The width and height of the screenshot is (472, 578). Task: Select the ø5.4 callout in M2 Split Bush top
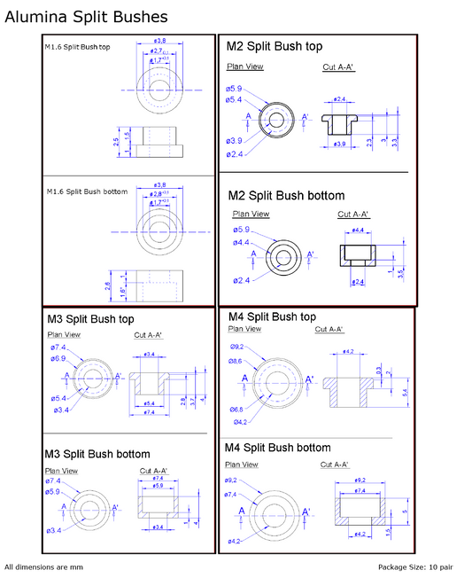click(x=234, y=99)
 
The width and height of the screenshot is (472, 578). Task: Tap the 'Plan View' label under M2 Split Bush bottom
click(x=251, y=214)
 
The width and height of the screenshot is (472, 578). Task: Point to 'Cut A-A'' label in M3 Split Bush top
click(x=148, y=335)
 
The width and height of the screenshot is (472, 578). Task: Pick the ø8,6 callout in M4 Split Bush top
click(x=236, y=361)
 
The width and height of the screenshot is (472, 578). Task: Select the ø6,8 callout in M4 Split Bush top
click(x=236, y=410)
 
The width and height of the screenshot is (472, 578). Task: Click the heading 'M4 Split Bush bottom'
click(x=277, y=448)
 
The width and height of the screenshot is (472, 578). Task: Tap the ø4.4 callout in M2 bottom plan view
click(x=242, y=242)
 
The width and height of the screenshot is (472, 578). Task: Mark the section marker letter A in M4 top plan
click(x=245, y=379)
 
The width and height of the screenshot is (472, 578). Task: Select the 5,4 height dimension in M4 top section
click(x=405, y=391)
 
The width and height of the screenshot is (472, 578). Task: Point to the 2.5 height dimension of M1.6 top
click(x=116, y=141)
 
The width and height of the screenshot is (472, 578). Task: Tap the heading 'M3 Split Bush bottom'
click(x=97, y=455)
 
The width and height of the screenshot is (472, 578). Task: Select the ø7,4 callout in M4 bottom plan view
click(x=232, y=495)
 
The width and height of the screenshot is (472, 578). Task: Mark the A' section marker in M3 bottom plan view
click(x=116, y=508)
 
